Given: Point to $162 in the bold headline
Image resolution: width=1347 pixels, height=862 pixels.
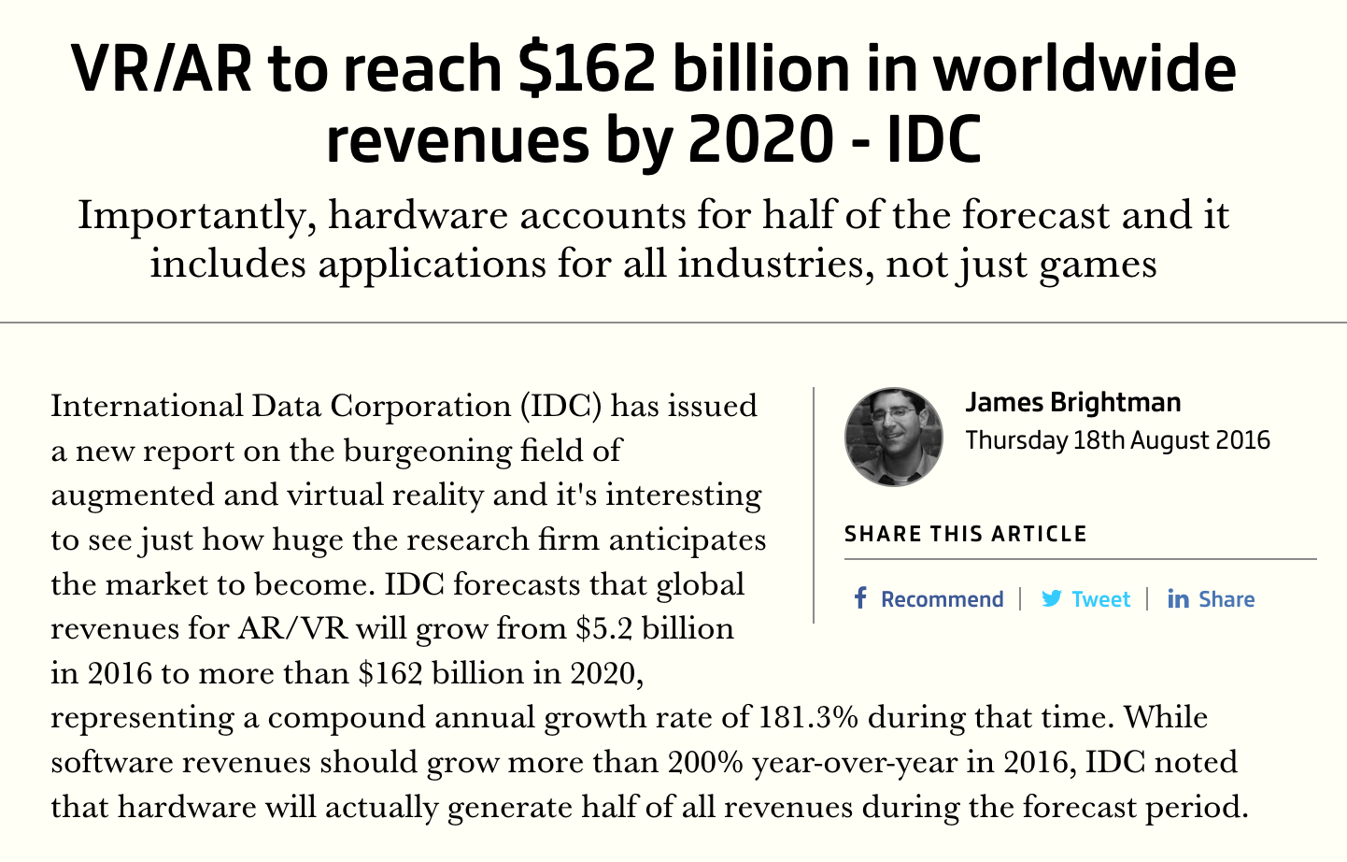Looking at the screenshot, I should click(x=587, y=70).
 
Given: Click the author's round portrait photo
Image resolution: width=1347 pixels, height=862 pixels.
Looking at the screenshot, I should click(x=894, y=437).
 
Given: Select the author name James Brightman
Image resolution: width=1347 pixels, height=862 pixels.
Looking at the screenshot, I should click(x=1072, y=403).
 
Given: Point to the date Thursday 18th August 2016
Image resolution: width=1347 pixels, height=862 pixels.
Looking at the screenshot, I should click(x=1117, y=440).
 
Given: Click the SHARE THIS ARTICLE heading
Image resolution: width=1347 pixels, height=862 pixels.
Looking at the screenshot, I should click(x=965, y=534).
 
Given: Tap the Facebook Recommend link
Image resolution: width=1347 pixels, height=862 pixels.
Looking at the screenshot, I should click(x=941, y=599).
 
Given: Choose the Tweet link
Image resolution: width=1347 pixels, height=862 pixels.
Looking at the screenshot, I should click(x=1099, y=599).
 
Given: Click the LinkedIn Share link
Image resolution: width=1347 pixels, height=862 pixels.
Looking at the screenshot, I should click(x=1226, y=599).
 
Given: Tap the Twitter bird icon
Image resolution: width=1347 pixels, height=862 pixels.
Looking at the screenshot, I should click(x=1052, y=598).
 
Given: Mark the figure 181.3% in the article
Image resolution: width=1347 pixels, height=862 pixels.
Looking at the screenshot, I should click(x=808, y=717).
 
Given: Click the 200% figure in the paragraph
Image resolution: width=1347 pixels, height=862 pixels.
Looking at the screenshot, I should click(x=705, y=762).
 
